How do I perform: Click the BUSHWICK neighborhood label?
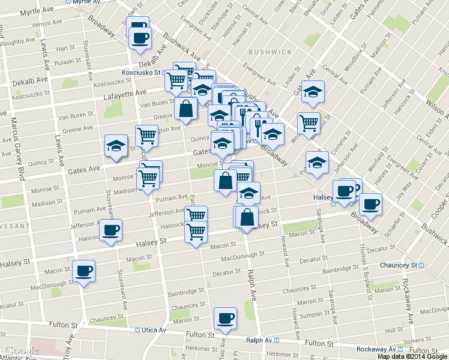(x=269, y=52)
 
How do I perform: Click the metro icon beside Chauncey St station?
(x=421, y=265)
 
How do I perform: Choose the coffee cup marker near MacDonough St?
(x=83, y=271)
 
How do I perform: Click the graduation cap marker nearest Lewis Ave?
(x=116, y=146)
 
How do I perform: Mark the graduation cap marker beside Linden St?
(x=312, y=92)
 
